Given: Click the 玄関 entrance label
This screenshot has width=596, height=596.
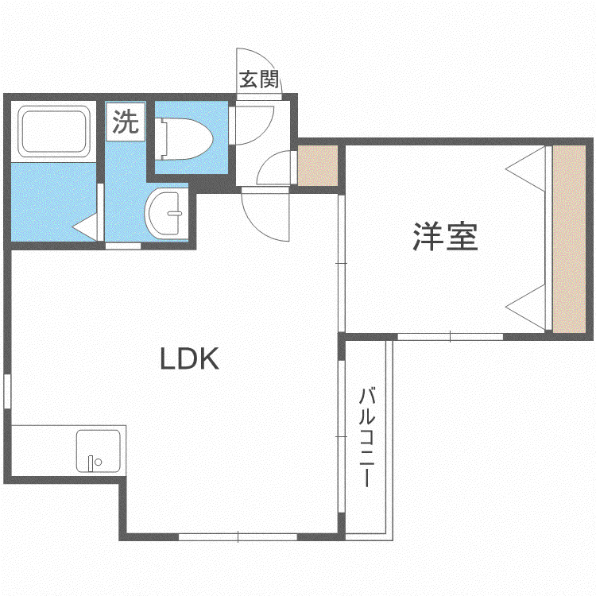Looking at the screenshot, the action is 259,79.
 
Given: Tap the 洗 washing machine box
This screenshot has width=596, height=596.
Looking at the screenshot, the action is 126,122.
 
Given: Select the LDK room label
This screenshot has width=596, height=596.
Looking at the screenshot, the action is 189,359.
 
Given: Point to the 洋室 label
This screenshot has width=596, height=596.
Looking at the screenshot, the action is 445,237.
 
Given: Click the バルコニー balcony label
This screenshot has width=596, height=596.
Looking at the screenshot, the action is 367,437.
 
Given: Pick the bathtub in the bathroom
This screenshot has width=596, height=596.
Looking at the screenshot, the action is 53,131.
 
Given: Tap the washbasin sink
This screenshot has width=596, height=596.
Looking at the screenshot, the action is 166,213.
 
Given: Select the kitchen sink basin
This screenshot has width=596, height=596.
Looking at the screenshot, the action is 99,451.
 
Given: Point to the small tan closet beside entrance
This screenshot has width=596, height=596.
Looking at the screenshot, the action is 317,166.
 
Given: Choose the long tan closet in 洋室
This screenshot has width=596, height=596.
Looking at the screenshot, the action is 569,239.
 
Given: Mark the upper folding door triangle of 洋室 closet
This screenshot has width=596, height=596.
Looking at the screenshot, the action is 526,168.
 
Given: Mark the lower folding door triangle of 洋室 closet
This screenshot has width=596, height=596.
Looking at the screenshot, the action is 526,307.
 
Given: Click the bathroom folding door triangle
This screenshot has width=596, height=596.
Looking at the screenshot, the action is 85,227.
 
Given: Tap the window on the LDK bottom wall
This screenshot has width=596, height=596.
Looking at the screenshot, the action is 238,536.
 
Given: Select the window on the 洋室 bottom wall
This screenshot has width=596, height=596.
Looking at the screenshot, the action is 450,337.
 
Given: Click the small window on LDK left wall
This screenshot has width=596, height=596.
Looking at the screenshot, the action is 7,391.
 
